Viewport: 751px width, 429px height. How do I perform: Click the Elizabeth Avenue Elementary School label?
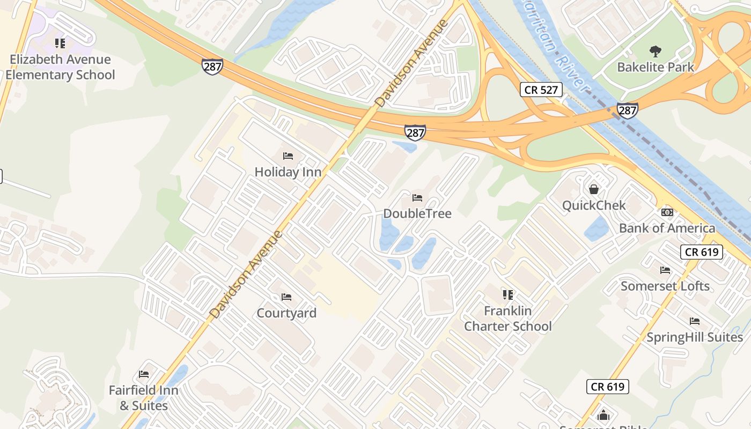pyautogui.click(x=60, y=67)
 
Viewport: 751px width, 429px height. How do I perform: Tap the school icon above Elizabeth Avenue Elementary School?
pyautogui.click(x=60, y=43)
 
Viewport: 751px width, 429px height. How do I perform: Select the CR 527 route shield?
pyautogui.click(x=541, y=90)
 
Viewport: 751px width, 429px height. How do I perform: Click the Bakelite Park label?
pyautogui.click(x=655, y=68)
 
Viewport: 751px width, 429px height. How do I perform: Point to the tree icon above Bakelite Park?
pyautogui.click(x=655, y=51)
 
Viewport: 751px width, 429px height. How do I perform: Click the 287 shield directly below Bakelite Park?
pyautogui.click(x=627, y=110)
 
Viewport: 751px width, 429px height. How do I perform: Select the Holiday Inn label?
pyautogui.click(x=288, y=172)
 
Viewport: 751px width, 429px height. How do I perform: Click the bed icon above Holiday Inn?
pyautogui.click(x=288, y=156)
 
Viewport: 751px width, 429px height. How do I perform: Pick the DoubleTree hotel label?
pyautogui.click(x=417, y=213)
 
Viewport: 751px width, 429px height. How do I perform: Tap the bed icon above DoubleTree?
pyautogui.click(x=417, y=198)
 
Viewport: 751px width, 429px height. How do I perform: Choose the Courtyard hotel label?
pyautogui.click(x=286, y=313)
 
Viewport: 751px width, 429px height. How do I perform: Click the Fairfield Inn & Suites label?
pyautogui.click(x=144, y=398)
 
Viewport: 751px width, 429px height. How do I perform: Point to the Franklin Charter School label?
pyautogui.click(x=507, y=319)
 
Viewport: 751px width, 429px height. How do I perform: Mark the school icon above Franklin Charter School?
pyautogui.click(x=507, y=294)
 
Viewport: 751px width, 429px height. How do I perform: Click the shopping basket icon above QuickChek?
pyautogui.click(x=594, y=189)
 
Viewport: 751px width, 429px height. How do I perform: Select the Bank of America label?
pyautogui.click(x=667, y=228)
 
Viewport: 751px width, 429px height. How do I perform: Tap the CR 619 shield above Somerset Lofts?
pyautogui.click(x=702, y=252)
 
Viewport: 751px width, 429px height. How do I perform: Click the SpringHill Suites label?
pyautogui.click(x=695, y=337)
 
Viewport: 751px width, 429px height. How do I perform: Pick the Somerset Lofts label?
pyautogui.click(x=665, y=286)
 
